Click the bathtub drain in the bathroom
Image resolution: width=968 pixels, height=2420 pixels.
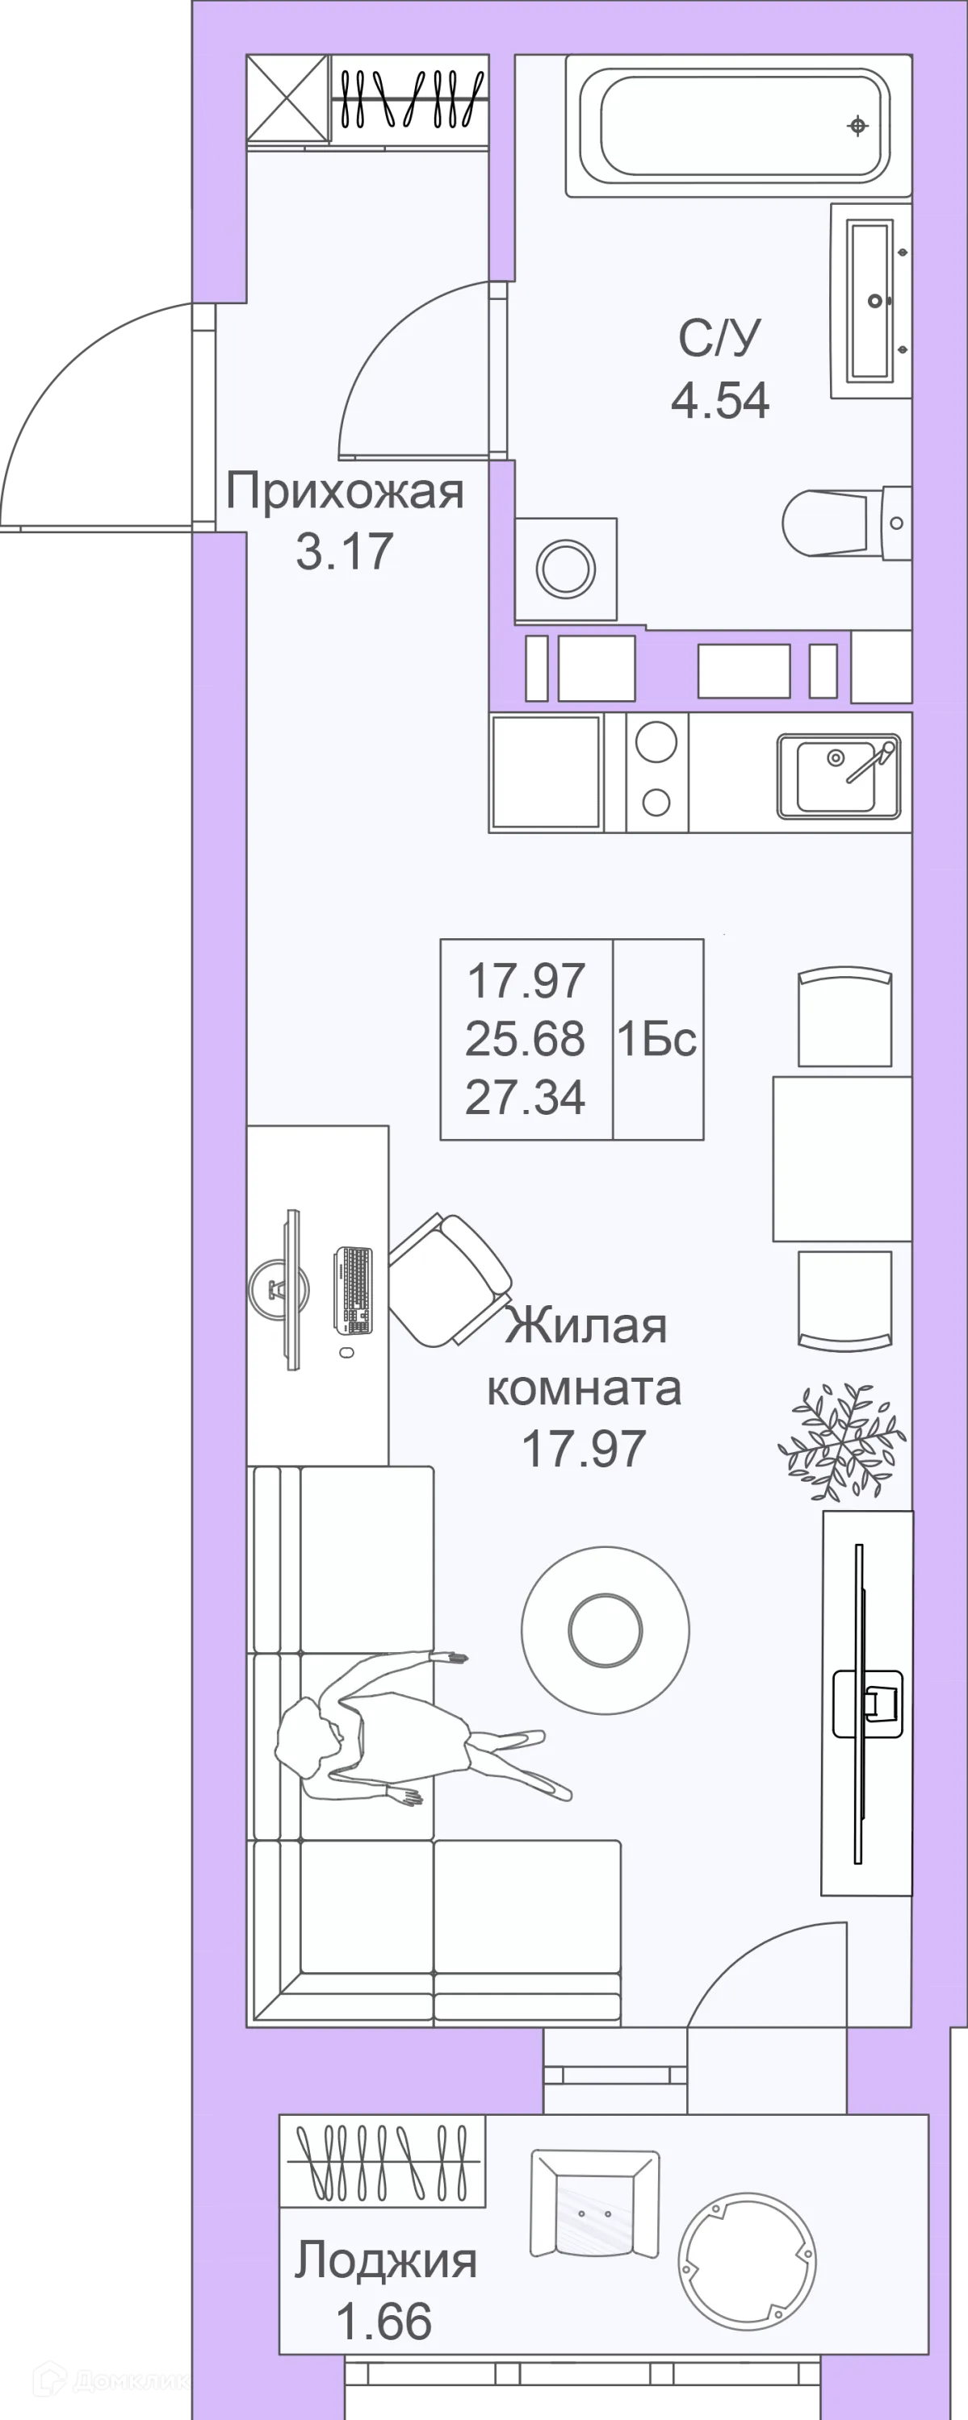[x=857, y=125]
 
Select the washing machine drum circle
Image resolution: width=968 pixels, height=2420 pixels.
[x=566, y=567]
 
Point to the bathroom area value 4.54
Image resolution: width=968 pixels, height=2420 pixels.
[x=720, y=399]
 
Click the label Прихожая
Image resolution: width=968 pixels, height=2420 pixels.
[x=345, y=490]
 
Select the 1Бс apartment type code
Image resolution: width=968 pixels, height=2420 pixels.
[x=657, y=1039]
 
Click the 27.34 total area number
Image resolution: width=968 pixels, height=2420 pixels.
[x=526, y=1097]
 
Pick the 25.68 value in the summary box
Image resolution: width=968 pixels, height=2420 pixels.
[x=526, y=1039]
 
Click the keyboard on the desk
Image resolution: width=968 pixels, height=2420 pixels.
[x=354, y=1289]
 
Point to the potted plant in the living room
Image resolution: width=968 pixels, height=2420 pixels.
[x=840, y=1440]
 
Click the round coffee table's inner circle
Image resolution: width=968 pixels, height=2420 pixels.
[x=606, y=1631]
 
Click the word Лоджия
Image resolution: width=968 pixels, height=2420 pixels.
[x=386, y=2260]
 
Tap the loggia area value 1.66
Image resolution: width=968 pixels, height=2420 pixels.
[x=384, y=2321]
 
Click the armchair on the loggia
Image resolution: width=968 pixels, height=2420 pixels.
[x=594, y=2204]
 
